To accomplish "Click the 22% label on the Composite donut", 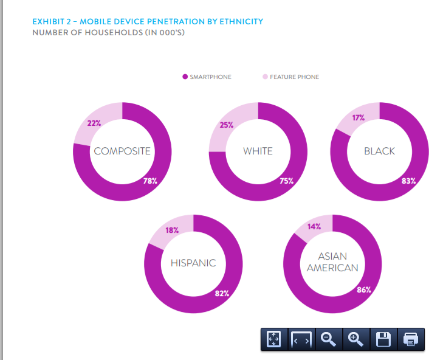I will [x=94, y=123].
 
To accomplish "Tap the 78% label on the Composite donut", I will [x=150, y=181].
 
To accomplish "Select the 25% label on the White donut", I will [x=227, y=126].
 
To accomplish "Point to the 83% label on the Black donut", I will [x=408, y=181].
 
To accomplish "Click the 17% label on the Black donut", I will [x=359, y=118].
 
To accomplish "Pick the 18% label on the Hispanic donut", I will [x=172, y=230].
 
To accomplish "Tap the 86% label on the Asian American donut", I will [x=364, y=290].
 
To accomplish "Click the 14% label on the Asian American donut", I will [x=314, y=226].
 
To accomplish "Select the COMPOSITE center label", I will [x=122, y=151].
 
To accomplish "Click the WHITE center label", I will [x=258, y=151].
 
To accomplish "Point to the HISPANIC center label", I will [x=193, y=263].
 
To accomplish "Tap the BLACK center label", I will [x=379, y=151].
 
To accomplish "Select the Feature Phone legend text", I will [x=294, y=77].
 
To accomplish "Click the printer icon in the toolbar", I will [x=411, y=339].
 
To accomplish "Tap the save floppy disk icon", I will [x=383, y=339].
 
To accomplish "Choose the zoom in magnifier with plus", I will [x=356, y=339].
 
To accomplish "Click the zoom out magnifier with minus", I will [x=329, y=339].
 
